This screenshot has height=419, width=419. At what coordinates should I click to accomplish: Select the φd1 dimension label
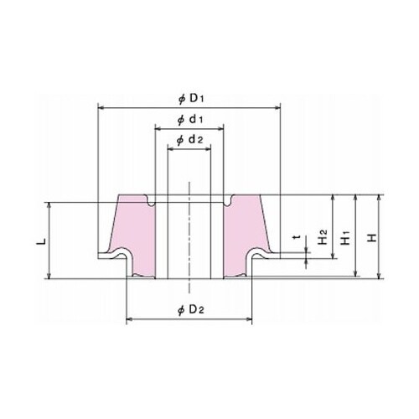[189, 120]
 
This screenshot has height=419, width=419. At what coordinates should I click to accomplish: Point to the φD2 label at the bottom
[189, 311]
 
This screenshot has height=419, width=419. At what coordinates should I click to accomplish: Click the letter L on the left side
[39, 241]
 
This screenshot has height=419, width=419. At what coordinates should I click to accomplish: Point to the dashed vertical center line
[189, 235]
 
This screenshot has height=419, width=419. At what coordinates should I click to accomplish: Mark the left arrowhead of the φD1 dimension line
[101, 107]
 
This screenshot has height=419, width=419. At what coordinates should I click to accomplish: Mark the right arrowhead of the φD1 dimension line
[277, 107]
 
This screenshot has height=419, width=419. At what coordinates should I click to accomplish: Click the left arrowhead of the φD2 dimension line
[128, 319]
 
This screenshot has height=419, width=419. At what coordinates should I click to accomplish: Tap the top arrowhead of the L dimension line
[52, 204]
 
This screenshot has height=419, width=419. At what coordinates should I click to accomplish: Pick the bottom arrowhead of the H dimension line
[380, 276]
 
